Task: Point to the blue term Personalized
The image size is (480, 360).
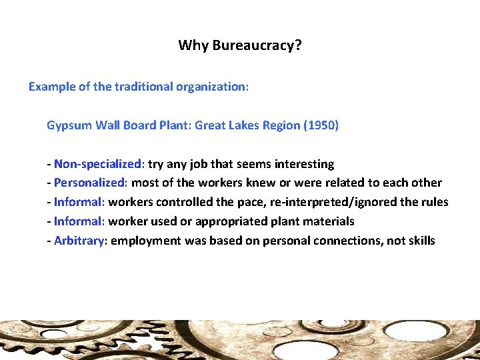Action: [x=91, y=183]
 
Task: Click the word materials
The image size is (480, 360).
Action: [x=327, y=221]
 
